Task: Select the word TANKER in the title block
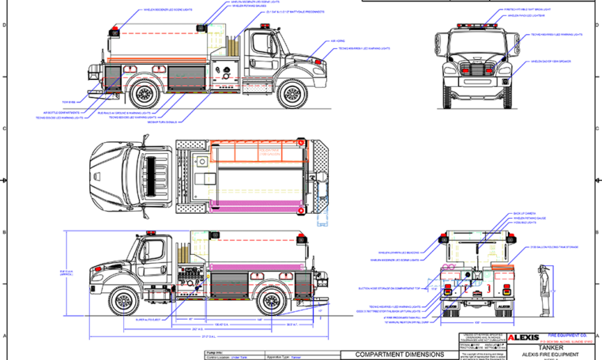pyautogui.click(x=551, y=347)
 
